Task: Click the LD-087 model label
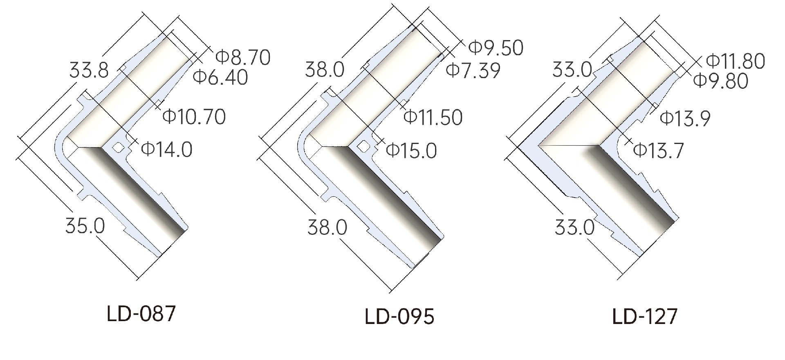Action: click(x=141, y=314)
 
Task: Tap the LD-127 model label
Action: click(x=645, y=316)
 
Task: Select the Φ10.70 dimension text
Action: click(x=194, y=117)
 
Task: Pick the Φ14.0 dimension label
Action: click(x=167, y=149)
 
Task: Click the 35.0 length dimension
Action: click(x=85, y=226)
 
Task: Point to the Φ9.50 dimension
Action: click(x=496, y=48)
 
